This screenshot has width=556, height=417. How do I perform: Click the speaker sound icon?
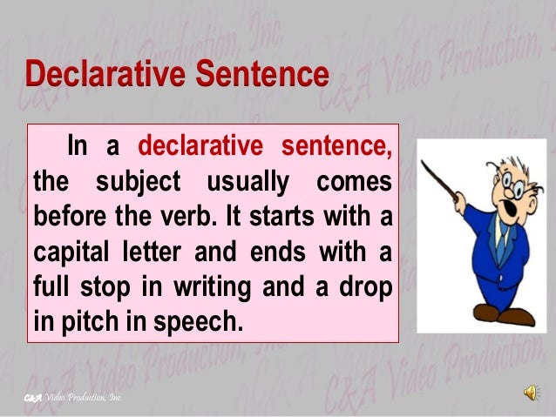531,393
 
